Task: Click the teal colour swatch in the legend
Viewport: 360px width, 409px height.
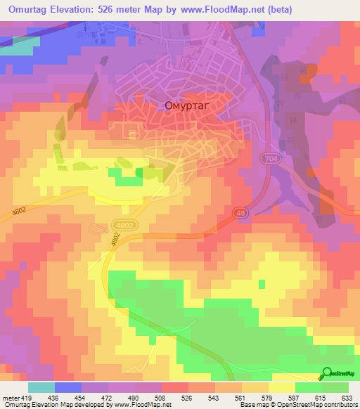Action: coord(41,387)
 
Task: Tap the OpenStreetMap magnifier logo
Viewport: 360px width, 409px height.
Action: coord(327,373)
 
